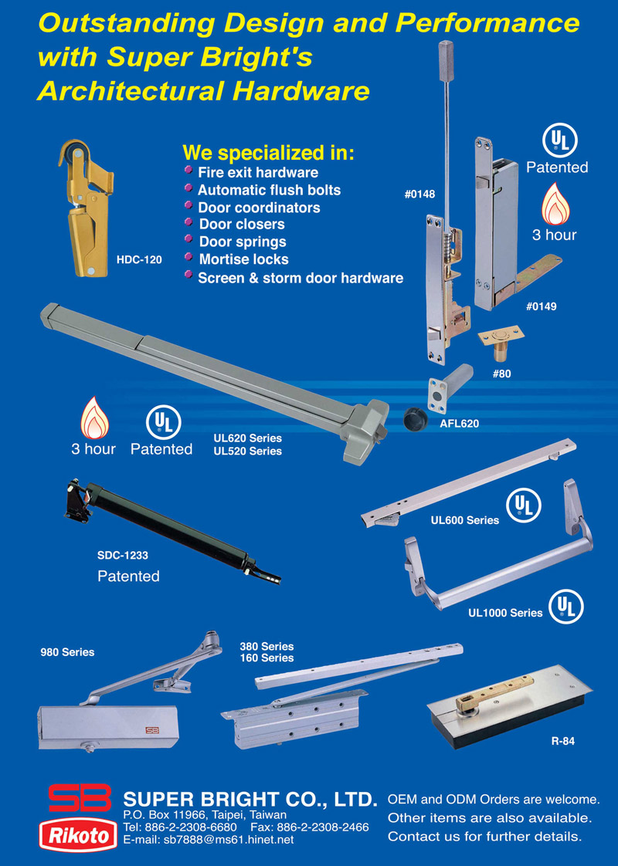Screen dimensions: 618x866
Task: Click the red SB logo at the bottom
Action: [x=80, y=798]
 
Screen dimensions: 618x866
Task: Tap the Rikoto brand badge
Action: [x=79, y=835]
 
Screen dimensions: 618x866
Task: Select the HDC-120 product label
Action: [x=139, y=259]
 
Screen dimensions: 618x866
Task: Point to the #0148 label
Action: [x=419, y=194]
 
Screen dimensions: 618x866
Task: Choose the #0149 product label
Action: [x=542, y=306]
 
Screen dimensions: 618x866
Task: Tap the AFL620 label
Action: [x=460, y=424]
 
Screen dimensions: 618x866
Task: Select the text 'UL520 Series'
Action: [x=248, y=452]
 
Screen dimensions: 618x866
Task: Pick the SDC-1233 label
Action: [x=123, y=556]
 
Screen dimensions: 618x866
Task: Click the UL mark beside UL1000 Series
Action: [x=566, y=607]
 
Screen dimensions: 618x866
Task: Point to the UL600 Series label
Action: [x=465, y=520]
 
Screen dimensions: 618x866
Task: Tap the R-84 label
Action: [x=562, y=741]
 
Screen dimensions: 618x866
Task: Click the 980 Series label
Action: [x=67, y=652]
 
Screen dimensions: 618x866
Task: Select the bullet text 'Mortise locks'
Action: [x=244, y=259]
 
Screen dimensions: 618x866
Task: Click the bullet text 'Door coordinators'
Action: [x=260, y=208]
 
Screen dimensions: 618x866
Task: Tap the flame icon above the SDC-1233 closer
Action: [x=94, y=418]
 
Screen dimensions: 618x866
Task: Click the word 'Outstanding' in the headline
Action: [x=125, y=24]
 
